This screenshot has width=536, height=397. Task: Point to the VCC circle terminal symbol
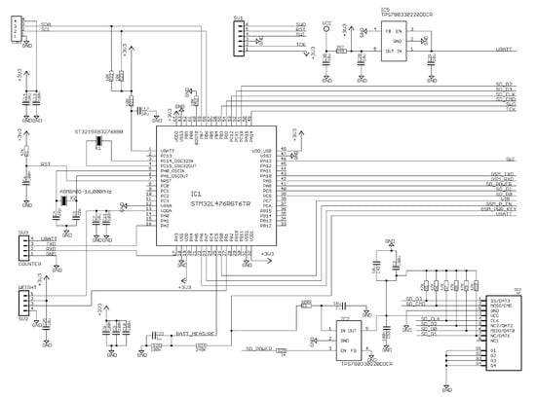pyautogui.click(x=326, y=23)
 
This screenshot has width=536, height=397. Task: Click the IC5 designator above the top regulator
pyautogui.click(x=387, y=10)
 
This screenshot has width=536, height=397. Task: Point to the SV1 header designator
pyautogui.click(x=239, y=17)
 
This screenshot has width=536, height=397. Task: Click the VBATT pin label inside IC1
pyautogui.click(x=169, y=150)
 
